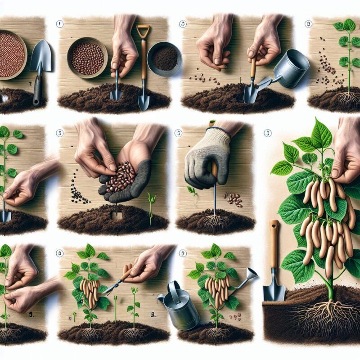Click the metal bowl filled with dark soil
(164, 58)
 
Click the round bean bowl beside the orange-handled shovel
(87, 58)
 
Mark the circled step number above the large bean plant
(268, 133)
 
